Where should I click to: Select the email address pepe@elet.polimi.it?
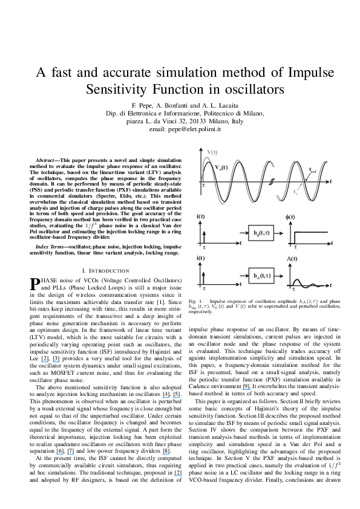pos(195,129)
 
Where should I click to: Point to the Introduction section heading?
pos(106,271)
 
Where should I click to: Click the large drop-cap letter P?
pos(34,284)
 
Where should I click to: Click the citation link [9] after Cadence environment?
pos(247,387)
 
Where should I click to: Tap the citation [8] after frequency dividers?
pos(166,451)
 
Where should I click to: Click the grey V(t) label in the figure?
pos(212,152)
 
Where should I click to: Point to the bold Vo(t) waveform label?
pos(221,167)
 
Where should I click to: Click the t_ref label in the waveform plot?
pos(312,170)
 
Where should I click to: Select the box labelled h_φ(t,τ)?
pos(261,233)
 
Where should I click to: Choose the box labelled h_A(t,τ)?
pos(261,276)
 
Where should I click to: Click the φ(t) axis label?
pos(290,217)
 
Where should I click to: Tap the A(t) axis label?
pos(292,259)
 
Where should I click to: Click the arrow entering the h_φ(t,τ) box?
pos(244,233)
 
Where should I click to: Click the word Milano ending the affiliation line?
pos(253,114)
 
